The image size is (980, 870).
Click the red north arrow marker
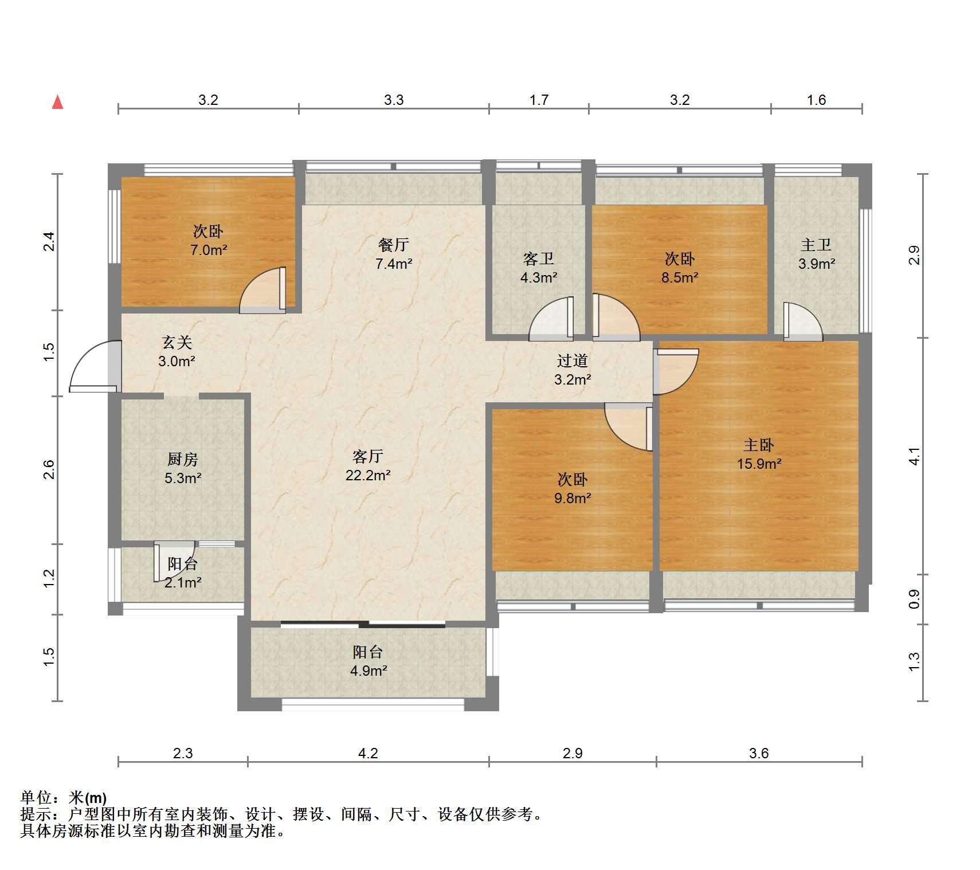57,102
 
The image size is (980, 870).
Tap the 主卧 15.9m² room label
759,454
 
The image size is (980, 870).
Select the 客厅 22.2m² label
368,465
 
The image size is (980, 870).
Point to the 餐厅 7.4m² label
394,254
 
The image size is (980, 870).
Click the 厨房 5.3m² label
183,468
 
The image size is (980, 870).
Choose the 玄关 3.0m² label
177,351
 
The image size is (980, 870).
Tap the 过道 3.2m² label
573,370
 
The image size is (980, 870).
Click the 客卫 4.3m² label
539,268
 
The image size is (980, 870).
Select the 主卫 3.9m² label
816,254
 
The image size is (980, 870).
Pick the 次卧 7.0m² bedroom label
208,240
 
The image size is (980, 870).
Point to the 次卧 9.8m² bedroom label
573,488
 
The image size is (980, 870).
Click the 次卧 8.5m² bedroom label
680,268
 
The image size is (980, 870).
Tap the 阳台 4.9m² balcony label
368,661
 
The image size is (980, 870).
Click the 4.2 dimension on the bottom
368,753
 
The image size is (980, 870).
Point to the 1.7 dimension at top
539,100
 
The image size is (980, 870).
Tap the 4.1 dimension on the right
915,456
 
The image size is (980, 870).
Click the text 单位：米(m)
64,797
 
